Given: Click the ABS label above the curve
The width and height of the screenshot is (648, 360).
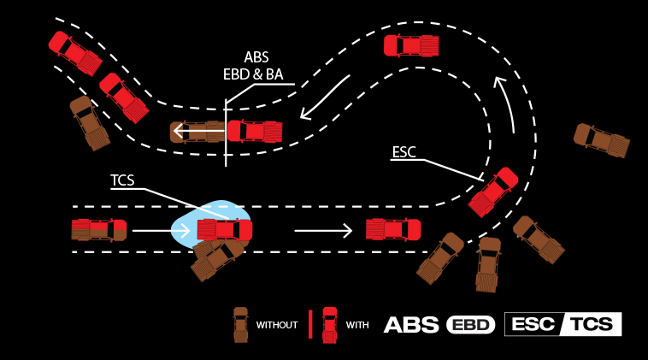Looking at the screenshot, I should click(x=256, y=56).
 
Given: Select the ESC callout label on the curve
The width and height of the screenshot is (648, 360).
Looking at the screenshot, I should click(x=404, y=152).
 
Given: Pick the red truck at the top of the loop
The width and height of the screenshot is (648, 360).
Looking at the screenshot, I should click(x=411, y=45).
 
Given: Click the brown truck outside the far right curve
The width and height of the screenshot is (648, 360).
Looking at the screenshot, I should click(x=601, y=139).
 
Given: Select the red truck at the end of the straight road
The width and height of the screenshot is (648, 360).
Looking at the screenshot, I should click(x=393, y=229).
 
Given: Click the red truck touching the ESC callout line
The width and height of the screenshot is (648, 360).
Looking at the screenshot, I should click(x=493, y=192).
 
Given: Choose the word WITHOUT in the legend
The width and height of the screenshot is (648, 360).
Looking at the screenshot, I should click(x=277, y=325).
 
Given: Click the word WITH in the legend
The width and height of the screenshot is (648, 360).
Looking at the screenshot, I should click(x=357, y=325).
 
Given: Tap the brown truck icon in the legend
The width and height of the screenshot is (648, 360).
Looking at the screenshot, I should click(x=241, y=324).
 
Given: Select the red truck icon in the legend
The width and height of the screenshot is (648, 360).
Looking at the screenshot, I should click(x=330, y=324).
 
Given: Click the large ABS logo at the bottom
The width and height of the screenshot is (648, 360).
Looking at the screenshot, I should click(x=411, y=324).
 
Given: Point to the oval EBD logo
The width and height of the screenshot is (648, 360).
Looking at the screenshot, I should click(x=470, y=325).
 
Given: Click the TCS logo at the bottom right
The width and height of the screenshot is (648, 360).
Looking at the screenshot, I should click(x=592, y=324).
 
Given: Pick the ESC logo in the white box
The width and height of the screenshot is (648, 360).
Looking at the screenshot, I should click(x=532, y=324).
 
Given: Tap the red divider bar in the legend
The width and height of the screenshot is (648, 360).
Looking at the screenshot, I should click(x=309, y=324).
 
